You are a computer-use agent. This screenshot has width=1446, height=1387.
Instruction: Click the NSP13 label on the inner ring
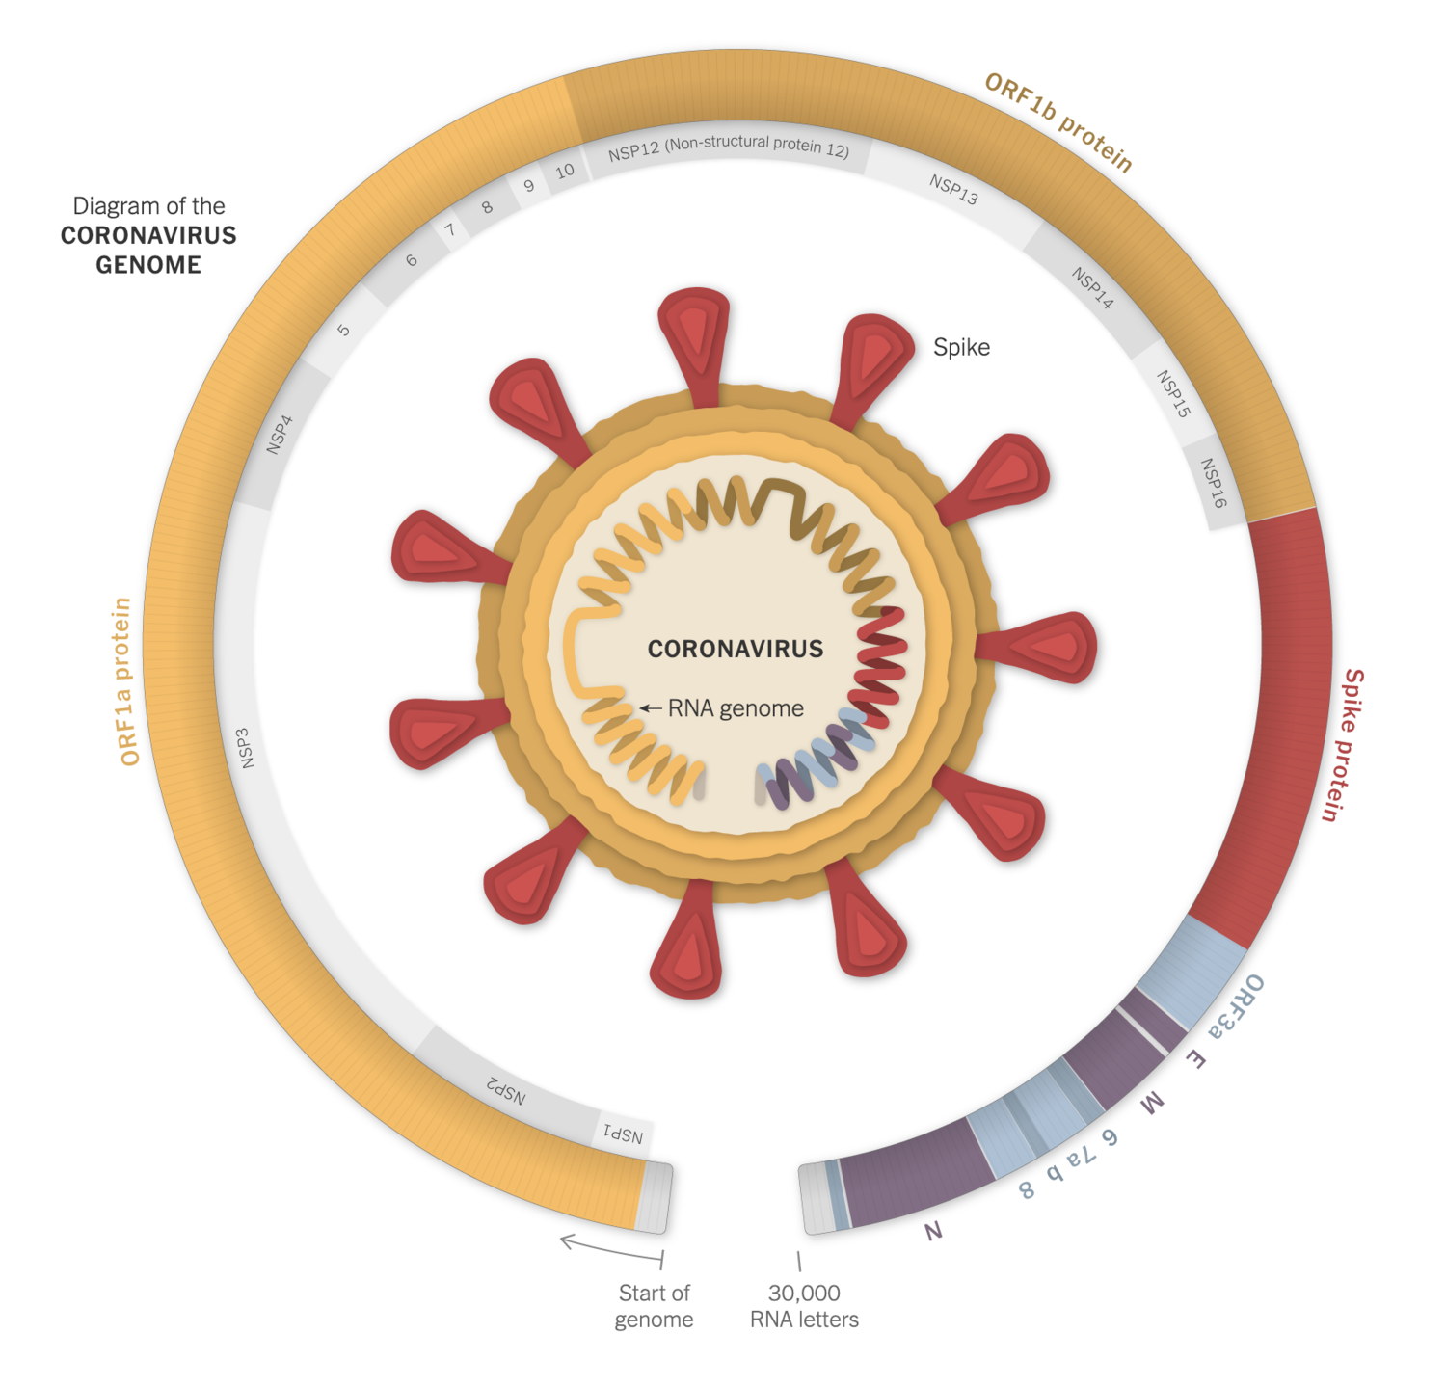[x=953, y=190]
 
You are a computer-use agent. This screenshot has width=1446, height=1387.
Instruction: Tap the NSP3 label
[x=247, y=748]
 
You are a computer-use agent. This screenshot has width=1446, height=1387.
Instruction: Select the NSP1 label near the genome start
[x=623, y=1134]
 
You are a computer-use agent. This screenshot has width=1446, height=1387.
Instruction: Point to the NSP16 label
[x=1213, y=483]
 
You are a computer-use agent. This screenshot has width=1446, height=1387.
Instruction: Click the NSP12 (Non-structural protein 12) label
[x=728, y=147]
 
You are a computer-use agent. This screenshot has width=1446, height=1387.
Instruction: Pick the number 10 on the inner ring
[x=565, y=172]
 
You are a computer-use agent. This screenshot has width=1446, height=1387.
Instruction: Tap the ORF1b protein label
[x=1058, y=122]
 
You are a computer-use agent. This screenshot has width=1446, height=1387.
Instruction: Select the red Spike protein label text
[x=1343, y=745]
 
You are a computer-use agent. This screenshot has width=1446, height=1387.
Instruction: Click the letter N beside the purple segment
[x=932, y=1231]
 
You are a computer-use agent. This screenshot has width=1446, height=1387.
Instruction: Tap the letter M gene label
[x=1152, y=1105]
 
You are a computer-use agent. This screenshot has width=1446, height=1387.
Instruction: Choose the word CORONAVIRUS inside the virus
[x=735, y=649]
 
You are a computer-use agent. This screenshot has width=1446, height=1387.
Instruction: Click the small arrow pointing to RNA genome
[x=651, y=708]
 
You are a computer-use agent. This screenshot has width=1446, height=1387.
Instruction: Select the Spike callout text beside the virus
[x=961, y=347]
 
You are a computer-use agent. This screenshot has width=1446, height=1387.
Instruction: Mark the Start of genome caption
[x=654, y=1306]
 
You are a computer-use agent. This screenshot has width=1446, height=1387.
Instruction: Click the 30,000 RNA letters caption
[x=804, y=1306]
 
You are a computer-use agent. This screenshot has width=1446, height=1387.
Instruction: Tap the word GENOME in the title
[x=148, y=265]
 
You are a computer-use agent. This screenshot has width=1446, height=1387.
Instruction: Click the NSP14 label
[x=1092, y=288]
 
